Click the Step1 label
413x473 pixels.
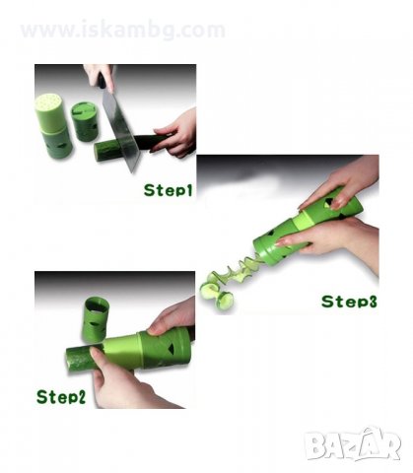point(168,190)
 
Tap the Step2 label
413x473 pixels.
point(61,396)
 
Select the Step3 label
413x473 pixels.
point(349,302)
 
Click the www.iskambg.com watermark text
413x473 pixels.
point(123,30)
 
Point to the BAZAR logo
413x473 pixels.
point(352,443)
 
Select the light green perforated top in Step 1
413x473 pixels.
point(49,112)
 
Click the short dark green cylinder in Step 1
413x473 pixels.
point(82,121)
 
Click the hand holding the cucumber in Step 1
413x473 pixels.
point(174,132)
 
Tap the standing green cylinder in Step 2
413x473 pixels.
point(95,318)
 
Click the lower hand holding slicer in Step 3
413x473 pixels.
point(332,241)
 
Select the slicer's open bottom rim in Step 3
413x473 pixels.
point(263,252)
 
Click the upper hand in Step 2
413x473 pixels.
point(172,316)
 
